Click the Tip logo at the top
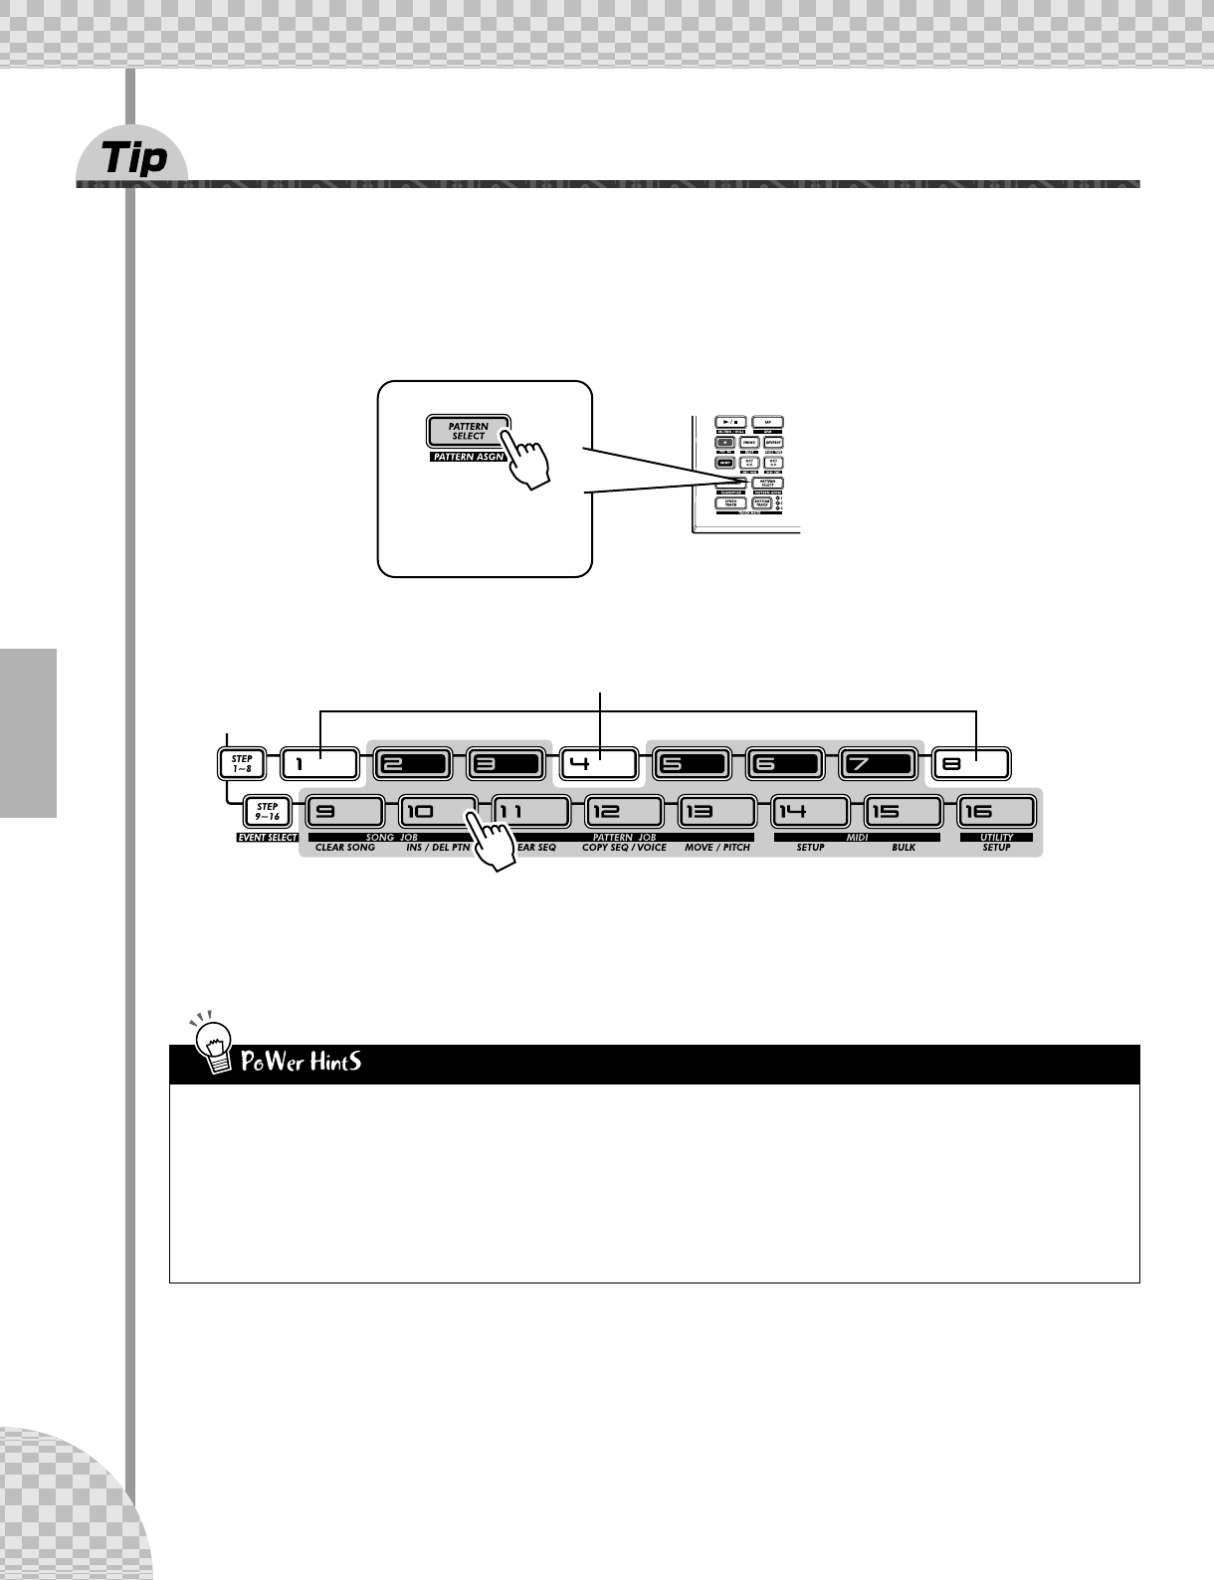[x=134, y=157]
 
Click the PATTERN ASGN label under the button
[x=469, y=458]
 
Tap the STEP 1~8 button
[x=242, y=764]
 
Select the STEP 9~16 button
[x=268, y=811]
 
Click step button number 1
[x=318, y=764]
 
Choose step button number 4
[x=598, y=764]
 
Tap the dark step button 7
[x=877, y=764]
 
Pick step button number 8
[x=971, y=764]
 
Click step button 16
[x=996, y=812]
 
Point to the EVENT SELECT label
[x=268, y=838]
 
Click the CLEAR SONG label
[x=345, y=848]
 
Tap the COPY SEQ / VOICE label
[x=624, y=848]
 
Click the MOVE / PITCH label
[x=717, y=848]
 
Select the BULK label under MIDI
[x=904, y=848]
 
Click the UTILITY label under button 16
[x=996, y=838]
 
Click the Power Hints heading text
[x=301, y=1062]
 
